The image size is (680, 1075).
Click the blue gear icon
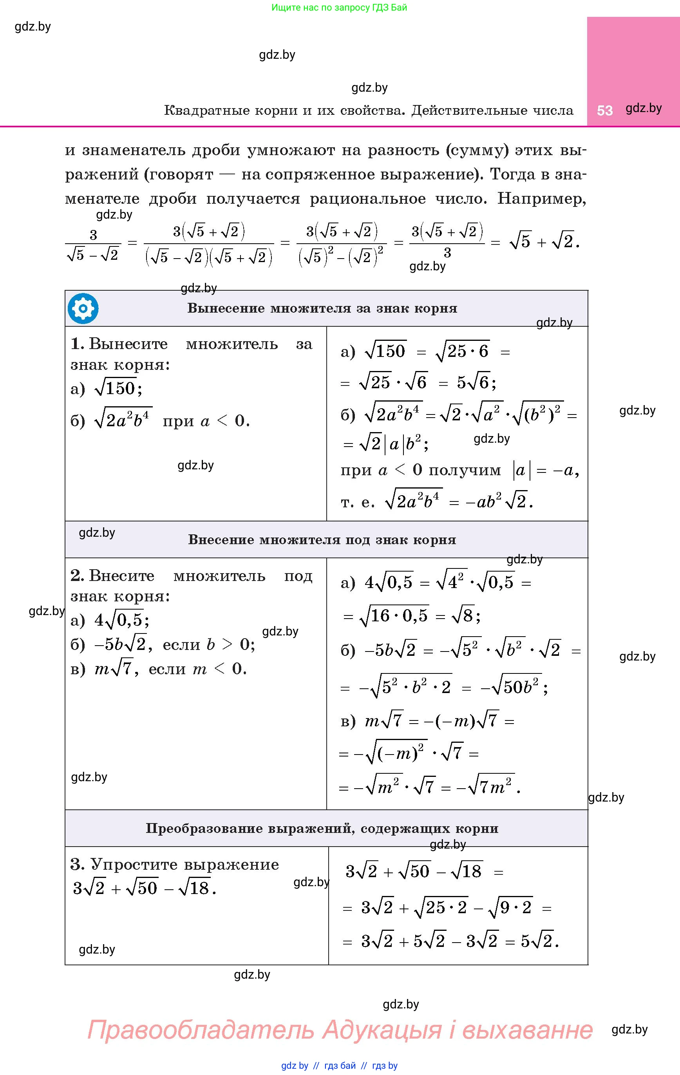[x=83, y=308]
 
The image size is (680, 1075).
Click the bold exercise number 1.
[x=77, y=344]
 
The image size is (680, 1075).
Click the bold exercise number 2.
[x=77, y=576]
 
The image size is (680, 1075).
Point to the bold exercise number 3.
[x=77, y=864]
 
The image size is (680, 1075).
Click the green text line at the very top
[x=339, y=7]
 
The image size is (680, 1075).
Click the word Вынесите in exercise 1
[x=128, y=344]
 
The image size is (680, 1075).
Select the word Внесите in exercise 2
[x=122, y=576]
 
